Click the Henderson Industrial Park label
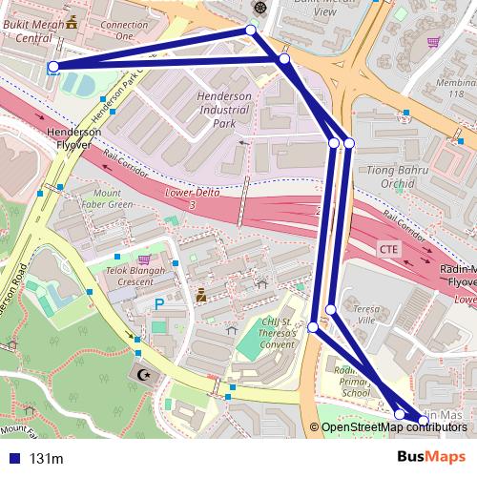tap(222, 110)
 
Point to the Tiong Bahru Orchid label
tap(384, 176)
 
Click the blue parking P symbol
tap(158, 303)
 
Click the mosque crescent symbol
tap(146, 376)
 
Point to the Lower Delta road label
tap(194, 197)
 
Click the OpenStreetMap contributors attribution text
tap(394, 426)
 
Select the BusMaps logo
tap(431, 457)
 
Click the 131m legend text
tap(46, 459)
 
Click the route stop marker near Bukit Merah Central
tap(53, 67)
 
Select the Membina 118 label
tap(456, 88)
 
